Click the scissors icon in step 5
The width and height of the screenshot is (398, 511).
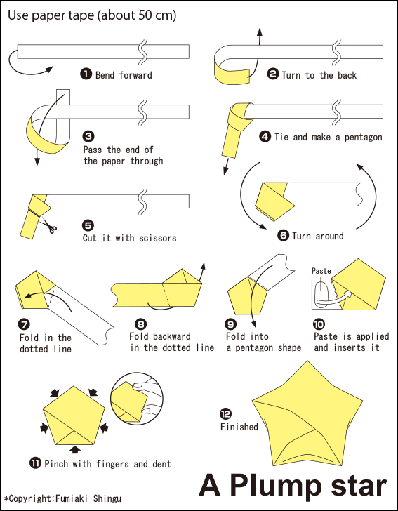tap(49, 225)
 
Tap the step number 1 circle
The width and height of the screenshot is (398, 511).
tap(86, 74)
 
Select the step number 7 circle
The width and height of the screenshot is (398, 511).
tap(25, 324)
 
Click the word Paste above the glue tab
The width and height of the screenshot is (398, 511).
tap(321, 271)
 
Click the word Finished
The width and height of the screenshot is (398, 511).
tap(239, 427)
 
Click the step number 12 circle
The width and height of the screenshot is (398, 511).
tap(225, 414)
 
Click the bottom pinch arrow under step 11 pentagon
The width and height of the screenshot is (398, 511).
tap(75, 450)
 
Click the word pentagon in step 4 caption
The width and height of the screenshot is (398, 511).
tap(363, 137)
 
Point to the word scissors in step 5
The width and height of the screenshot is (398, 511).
tap(157, 238)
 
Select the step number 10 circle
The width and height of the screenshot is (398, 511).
tap(319, 324)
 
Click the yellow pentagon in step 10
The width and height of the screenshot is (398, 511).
tap(357, 284)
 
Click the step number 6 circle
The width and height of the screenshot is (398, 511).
tap(283, 235)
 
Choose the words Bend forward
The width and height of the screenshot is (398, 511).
tap(124, 75)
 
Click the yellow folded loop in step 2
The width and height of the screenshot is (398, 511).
tap(232, 70)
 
